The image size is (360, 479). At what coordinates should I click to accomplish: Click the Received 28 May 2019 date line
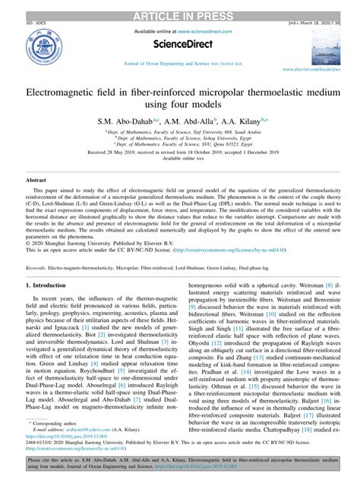(179, 152)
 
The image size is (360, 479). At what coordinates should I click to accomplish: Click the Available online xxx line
(179, 159)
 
